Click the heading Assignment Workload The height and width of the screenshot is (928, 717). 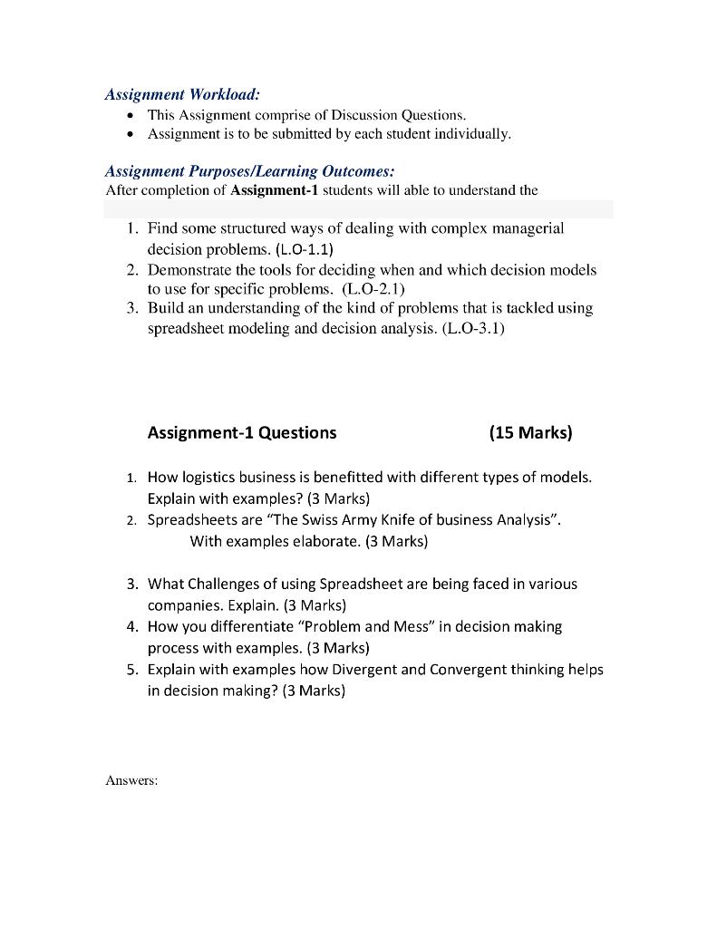pos(182,94)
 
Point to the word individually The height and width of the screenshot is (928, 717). pos(477,134)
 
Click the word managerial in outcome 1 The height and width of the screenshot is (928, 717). pos(528,228)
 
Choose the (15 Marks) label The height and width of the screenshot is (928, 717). pos(530,432)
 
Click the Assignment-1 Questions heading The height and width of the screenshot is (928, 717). pos(241,432)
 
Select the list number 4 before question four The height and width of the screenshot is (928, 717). pos(131,627)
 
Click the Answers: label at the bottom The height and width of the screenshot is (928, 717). pos(132,779)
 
